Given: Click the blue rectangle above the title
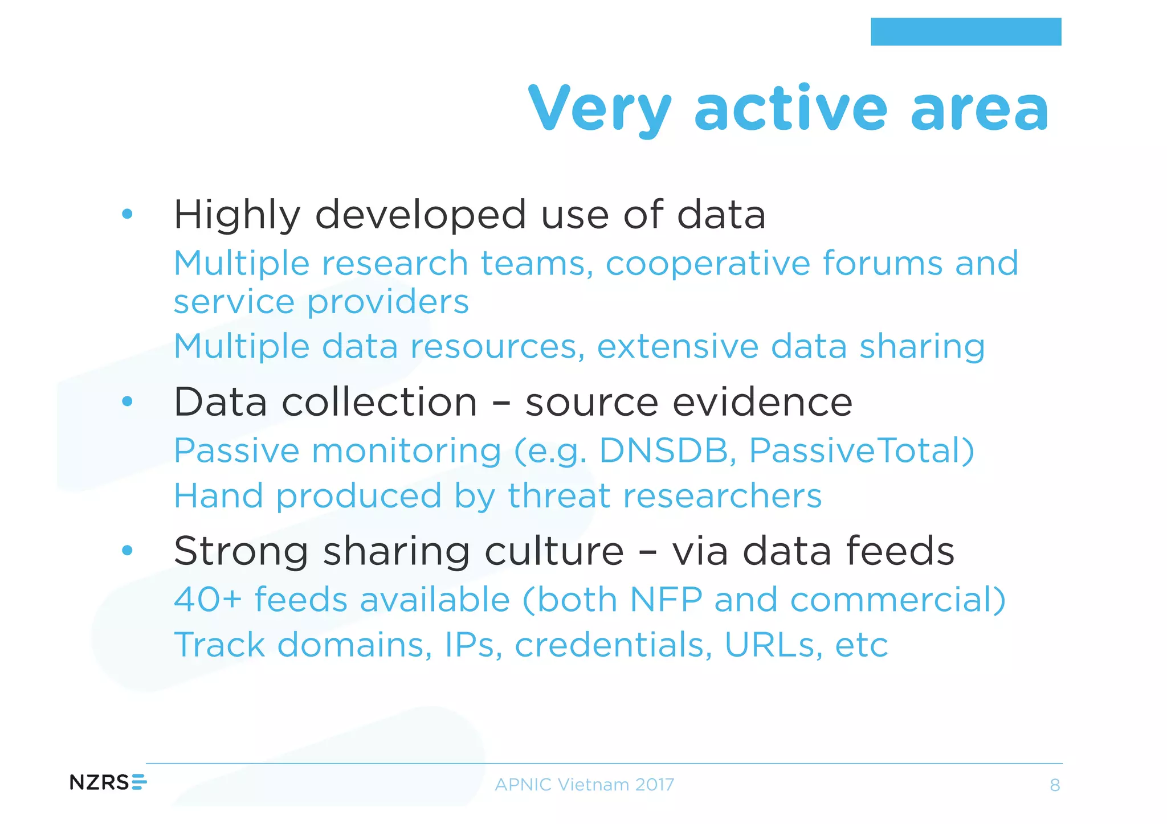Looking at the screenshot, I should (965, 32).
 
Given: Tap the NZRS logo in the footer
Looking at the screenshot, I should (108, 782).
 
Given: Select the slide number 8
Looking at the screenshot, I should (1055, 786).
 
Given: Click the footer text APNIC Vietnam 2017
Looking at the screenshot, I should (584, 785).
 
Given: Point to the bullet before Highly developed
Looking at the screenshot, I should (127, 214).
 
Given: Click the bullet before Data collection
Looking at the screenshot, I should (127, 401).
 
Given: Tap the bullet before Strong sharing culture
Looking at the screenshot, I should (127, 550).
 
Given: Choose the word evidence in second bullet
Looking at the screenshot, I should (762, 402).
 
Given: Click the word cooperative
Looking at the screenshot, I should (707, 264).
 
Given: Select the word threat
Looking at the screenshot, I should (558, 495).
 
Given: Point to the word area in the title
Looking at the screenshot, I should (979, 109).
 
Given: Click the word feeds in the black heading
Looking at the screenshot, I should (900, 551).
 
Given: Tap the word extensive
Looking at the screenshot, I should (677, 346).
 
